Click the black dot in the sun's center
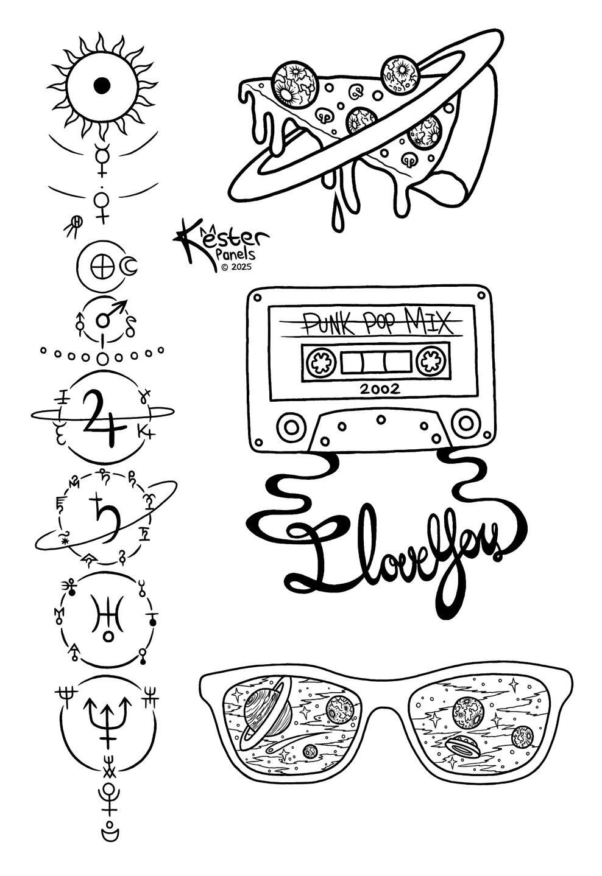[x=102, y=85]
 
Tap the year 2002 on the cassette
[x=380, y=389]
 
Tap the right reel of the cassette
[x=431, y=360]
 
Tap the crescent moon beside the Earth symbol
[x=130, y=266]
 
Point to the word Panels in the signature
[x=236, y=254]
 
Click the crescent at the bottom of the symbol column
[x=110, y=833]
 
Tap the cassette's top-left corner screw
[x=257, y=298]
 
